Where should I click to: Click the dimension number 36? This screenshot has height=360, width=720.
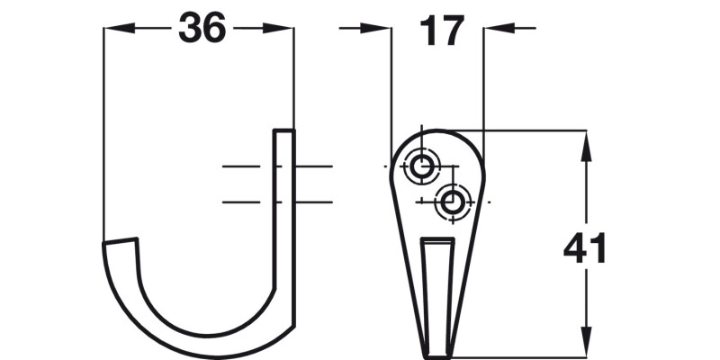[x=201, y=29]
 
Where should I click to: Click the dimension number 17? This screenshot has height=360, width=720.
[x=440, y=31]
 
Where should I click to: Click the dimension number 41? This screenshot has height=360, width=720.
[x=585, y=248]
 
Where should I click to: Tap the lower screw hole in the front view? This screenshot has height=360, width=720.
[x=451, y=202]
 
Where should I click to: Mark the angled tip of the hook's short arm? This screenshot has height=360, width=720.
[x=121, y=242]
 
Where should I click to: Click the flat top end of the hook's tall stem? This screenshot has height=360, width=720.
[x=283, y=131]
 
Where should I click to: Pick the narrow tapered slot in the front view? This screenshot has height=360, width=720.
[x=438, y=288]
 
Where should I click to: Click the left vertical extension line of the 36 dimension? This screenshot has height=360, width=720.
[x=104, y=135]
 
